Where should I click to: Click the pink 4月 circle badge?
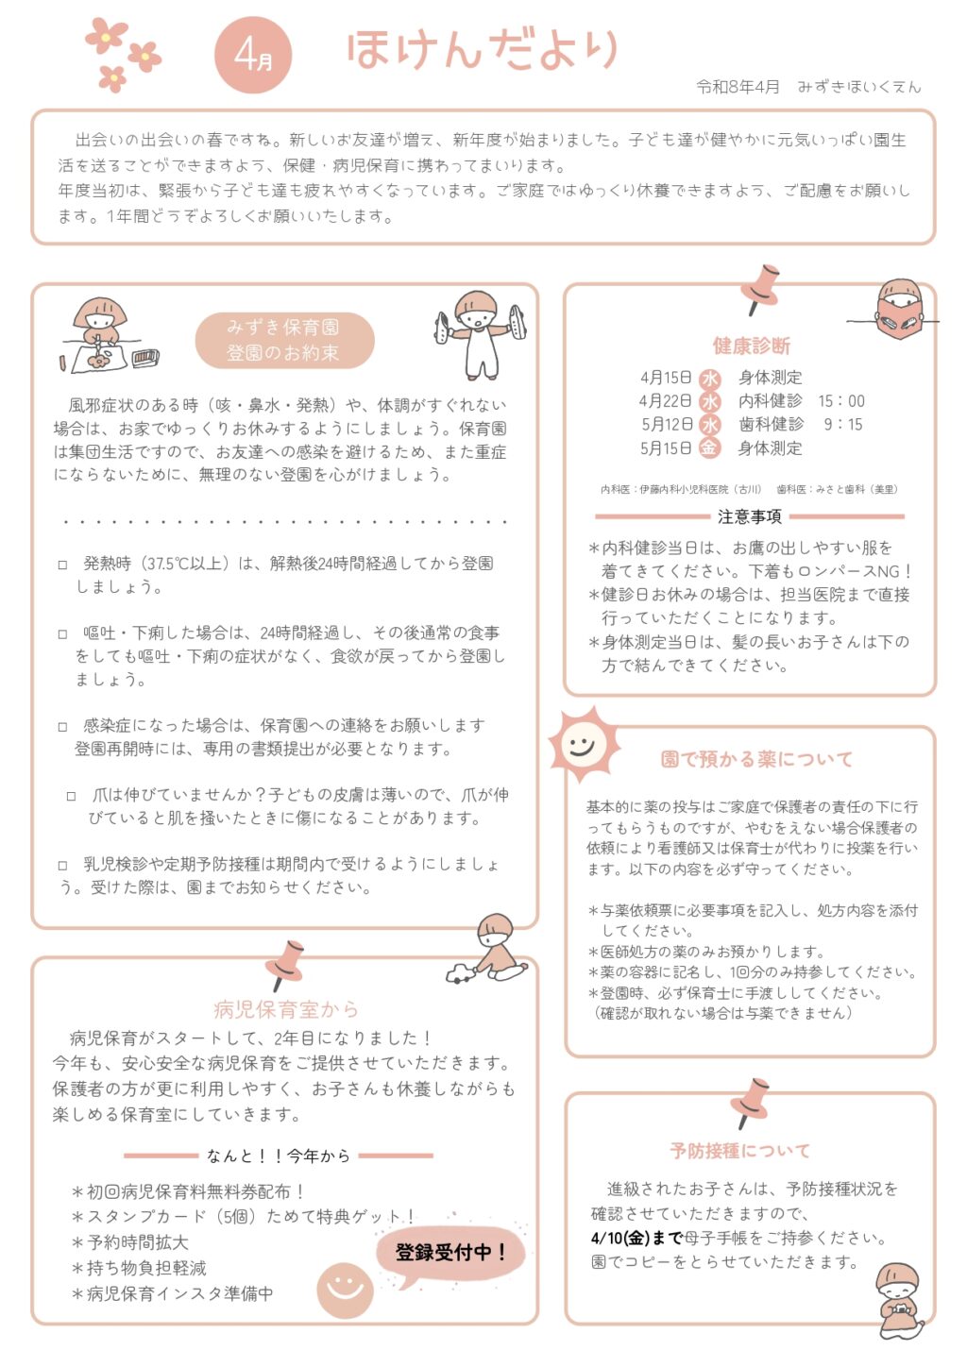click(x=252, y=56)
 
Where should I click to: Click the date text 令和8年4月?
click(x=738, y=87)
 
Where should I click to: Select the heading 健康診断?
click(x=752, y=346)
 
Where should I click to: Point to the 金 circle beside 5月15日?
click(x=709, y=448)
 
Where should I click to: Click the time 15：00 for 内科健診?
click(x=840, y=401)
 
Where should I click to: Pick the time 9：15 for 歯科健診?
click(x=842, y=425)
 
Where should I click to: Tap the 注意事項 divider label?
click(x=749, y=516)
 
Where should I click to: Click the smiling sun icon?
click(x=583, y=743)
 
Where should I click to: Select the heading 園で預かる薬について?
click(x=756, y=759)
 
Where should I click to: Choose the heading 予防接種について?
click(x=740, y=1151)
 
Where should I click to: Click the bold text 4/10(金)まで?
click(x=636, y=1238)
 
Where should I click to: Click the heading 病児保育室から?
click(x=286, y=1009)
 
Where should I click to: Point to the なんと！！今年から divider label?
click(x=279, y=1156)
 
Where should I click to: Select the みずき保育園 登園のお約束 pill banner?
click(x=284, y=340)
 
